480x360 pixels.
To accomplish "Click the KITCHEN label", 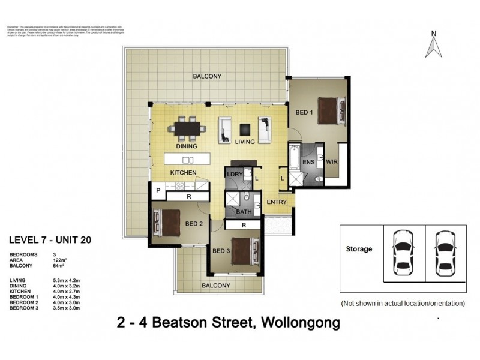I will pyautogui.click(x=184, y=173).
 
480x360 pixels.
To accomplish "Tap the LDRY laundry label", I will pyautogui.click(x=234, y=174).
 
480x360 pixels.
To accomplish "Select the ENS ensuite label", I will pyautogui.click(x=309, y=162).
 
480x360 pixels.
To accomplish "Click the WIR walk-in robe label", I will pyautogui.click(x=331, y=162).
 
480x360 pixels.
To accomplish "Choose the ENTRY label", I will pyautogui.click(x=277, y=202).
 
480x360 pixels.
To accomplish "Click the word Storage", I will pyautogui.click(x=359, y=249).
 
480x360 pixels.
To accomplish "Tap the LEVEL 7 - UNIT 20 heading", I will pyautogui.click(x=50, y=240).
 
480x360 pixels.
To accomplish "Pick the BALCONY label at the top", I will pyautogui.click(x=208, y=76).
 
